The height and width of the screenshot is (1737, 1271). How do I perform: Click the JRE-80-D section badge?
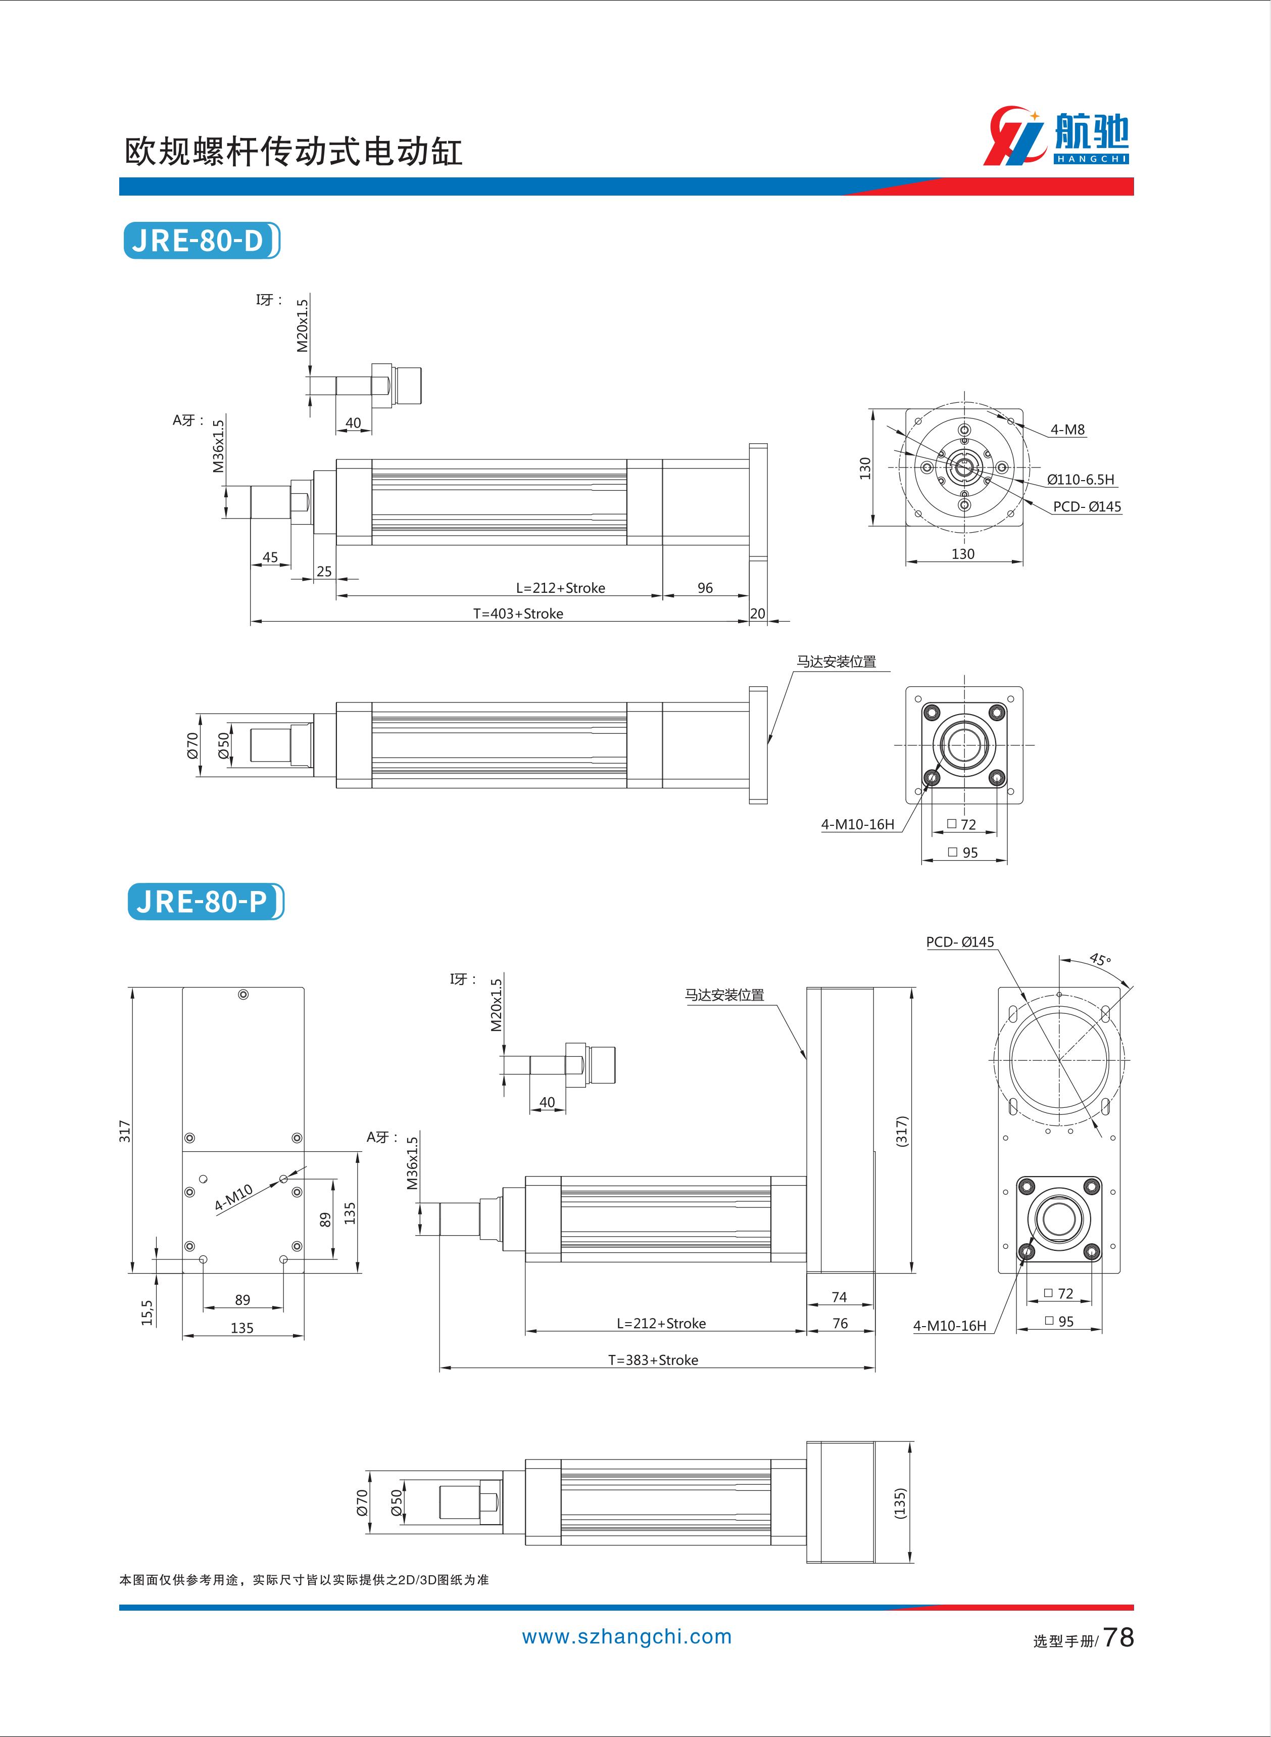coord(202,241)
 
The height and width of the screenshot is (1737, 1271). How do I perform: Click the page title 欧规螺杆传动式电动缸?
coord(293,153)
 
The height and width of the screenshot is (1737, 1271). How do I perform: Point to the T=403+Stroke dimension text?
coord(518,614)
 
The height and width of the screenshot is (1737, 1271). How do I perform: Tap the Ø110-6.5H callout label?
coord(1080,480)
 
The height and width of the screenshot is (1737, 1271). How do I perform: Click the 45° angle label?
coord(1100,960)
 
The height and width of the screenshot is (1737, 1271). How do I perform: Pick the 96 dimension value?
coord(705,588)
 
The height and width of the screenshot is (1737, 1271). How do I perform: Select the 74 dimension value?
coord(840,1297)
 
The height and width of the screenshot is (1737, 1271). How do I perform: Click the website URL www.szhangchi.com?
coord(627,1636)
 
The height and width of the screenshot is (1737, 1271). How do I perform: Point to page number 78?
coord(1118,1637)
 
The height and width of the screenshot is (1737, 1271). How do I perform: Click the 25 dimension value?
coord(324,571)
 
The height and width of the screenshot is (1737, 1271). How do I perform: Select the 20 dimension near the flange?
coord(758,614)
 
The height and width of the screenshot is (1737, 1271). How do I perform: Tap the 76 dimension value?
coord(840,1323)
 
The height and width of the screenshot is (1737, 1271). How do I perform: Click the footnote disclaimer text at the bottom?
coord(304,1580)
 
